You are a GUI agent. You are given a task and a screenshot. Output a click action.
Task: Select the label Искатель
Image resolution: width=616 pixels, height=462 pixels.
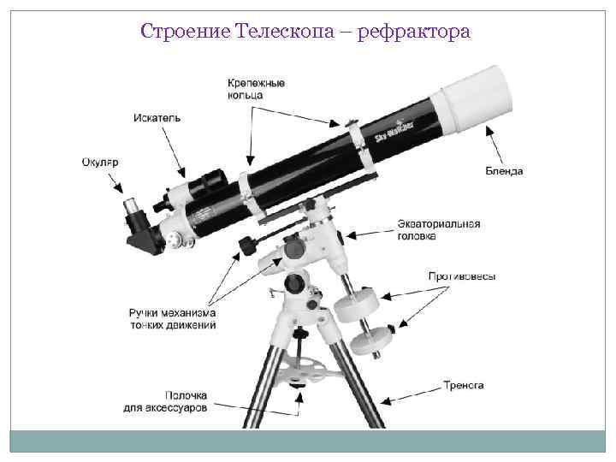(157, 117)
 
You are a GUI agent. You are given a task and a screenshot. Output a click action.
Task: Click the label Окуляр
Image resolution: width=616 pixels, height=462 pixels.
(99, 163)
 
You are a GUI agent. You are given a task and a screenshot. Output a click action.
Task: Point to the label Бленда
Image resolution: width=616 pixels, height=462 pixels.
(504, 170)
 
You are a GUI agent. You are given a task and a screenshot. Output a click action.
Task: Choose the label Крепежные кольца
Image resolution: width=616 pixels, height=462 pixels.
(256, 89)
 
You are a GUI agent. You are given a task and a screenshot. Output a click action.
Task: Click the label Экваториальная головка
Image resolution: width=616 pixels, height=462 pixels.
(438, 229)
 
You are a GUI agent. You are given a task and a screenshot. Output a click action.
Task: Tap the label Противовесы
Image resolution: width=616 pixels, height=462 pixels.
(462, 276)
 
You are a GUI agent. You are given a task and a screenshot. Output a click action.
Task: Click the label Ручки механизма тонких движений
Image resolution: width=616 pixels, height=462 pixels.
(172, 318)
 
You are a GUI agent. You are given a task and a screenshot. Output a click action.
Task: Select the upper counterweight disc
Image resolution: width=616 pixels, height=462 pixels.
(359, 300)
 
